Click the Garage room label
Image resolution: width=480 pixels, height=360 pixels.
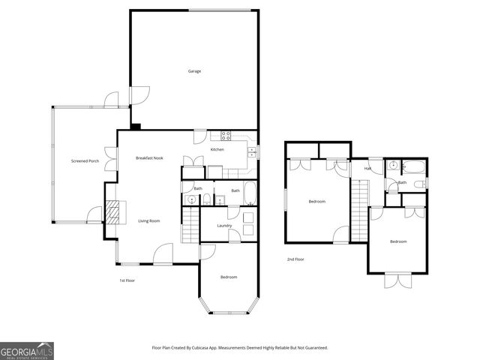pyautogui.click(x=194, y=71)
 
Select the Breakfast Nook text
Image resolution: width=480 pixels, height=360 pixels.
pyautogui.click(x=149, y=158)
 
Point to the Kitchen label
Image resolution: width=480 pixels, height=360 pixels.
pyautogui.click(x=217, y=150)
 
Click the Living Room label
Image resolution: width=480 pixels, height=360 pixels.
pyautogui.click(x=149, y=220)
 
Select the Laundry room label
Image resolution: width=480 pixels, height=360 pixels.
pyautogui.click(x=224, y=226)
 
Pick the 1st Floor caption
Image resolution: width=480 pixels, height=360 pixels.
pyautogui.click(x=127, y=280)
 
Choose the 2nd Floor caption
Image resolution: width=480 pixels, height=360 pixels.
pyautogui.click(x=295, y=259)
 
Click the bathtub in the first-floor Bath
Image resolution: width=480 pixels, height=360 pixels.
pyautogui.click(x=249, y=193)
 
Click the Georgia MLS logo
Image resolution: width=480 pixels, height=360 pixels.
pyautogui.click(x=27, y=350)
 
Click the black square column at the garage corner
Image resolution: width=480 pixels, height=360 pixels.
pyautogui.click(x=135, y=126)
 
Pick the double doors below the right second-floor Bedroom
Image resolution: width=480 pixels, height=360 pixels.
pyautogui.click(x=396, y=280)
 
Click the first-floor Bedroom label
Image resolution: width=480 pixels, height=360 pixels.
pyautogui.click(x=229, y=277)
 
